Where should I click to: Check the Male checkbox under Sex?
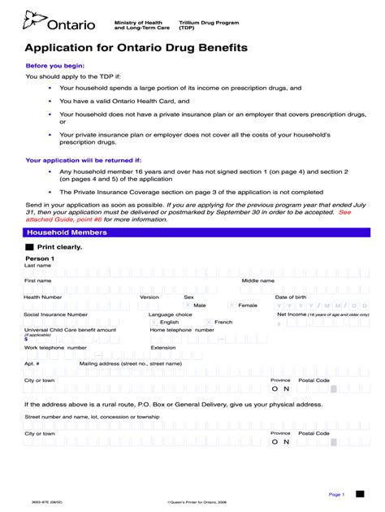(x=188, y=306)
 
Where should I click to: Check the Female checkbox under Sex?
(x=232, y=306)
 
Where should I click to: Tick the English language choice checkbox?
(x=154, y=323)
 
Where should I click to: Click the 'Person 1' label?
(x=39, y=258)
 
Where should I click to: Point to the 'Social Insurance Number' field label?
(x=55, y=314)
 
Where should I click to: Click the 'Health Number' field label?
(x=43, y=297)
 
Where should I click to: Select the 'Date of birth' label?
(x=291, y=297)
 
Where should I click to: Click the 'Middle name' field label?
(x=258, y=280)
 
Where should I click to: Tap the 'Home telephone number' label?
(x=182, y=330)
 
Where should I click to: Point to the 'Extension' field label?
(x=162, y=347)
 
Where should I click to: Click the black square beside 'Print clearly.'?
(x=29, y=245)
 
